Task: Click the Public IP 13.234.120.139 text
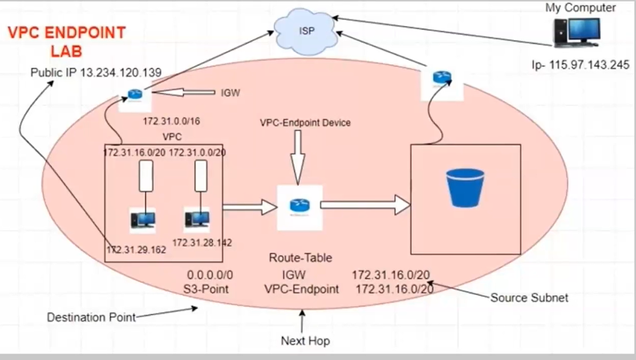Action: point(96,73)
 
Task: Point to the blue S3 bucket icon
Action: point(465,188)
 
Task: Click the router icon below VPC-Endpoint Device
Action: point(300,205)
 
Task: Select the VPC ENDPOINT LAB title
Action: point(66,42)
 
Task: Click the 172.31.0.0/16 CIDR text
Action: point(172,122)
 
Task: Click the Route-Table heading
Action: point(300,258)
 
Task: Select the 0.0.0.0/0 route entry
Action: point(210,275)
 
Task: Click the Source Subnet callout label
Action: point(529,298)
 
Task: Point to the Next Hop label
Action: point(305,341)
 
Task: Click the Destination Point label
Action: point(91,317)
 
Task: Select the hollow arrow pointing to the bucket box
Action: point(365,205)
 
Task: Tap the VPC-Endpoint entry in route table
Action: point(302,289)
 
